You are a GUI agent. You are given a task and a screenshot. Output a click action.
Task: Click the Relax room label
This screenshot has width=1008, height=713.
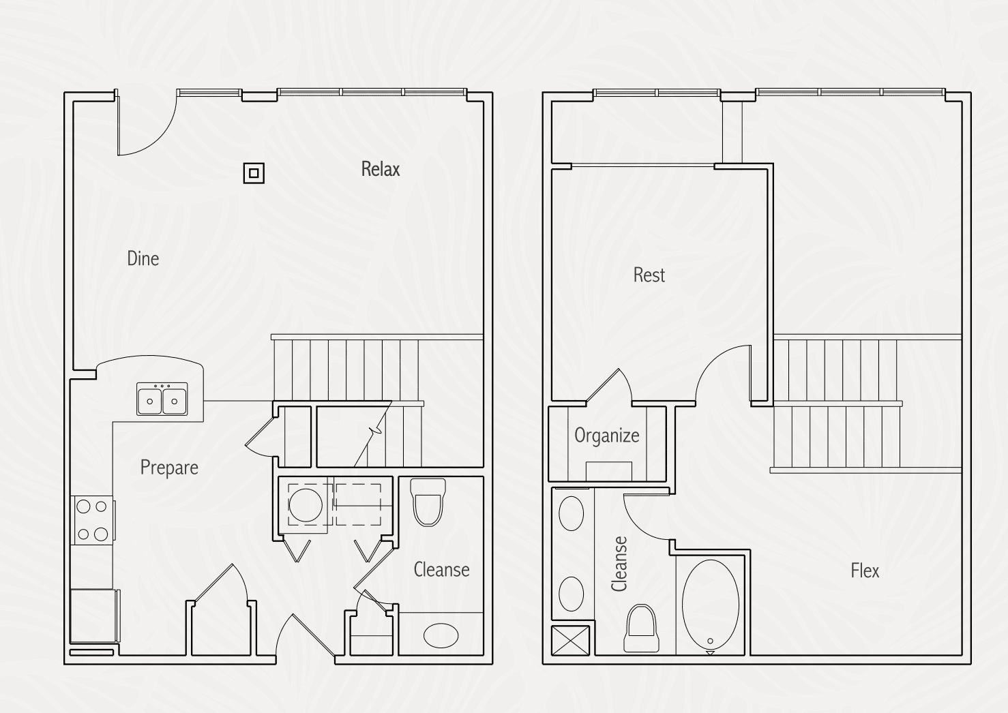point(381,169)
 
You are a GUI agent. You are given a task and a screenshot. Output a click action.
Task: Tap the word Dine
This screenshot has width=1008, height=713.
point(143,258)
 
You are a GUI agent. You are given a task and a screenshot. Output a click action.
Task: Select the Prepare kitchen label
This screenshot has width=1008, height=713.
point(169,468)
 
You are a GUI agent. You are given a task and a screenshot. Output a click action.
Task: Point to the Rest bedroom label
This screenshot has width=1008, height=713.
point(649,275)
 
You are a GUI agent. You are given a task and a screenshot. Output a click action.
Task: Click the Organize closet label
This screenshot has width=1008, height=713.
point(606,436)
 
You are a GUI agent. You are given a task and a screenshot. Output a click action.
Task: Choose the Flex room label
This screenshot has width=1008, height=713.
point(865,571)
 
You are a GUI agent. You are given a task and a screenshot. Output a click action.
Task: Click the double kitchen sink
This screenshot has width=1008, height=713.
point(162,399)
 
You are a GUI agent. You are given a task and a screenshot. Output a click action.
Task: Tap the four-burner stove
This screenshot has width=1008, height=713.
point(92,520)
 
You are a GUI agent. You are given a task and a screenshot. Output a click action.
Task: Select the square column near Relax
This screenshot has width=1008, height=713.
point(254,173)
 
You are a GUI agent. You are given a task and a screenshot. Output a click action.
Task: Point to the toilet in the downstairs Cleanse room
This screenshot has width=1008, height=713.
point(428,502)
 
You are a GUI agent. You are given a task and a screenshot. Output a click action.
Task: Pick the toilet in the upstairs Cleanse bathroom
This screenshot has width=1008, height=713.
point(641,628)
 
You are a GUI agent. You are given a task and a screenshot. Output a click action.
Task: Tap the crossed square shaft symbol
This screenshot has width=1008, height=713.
point(570,640)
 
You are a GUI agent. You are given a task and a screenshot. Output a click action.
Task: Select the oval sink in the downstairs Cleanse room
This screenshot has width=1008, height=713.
point(441,635)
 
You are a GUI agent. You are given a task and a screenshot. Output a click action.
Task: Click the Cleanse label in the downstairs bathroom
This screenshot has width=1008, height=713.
point(441,569)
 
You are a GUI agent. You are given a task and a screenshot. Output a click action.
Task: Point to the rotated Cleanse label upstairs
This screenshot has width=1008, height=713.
point(619,564)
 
